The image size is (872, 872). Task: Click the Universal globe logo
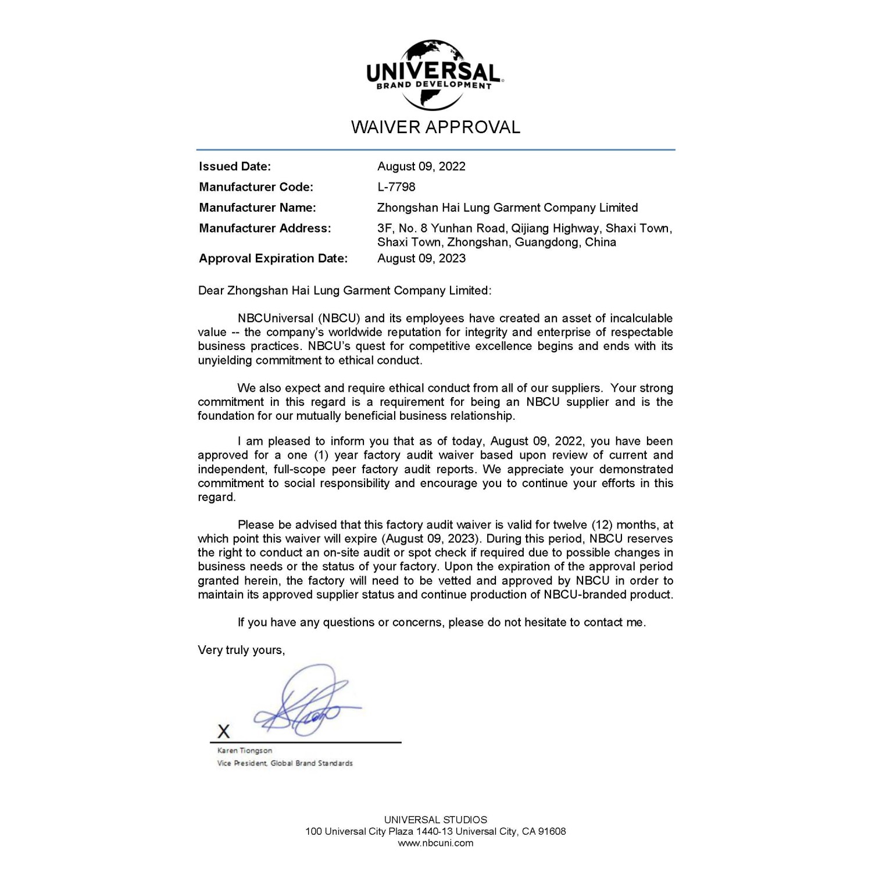click(434, 74)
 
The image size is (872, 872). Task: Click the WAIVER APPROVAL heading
click(435, 127)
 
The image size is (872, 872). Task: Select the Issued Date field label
click(235, 166)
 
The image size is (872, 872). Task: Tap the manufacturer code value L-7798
click(396, 187)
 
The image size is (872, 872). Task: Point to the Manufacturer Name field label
click(258, 208)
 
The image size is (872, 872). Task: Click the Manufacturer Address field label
click(265, 228)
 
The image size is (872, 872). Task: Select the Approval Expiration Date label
click(273, 258)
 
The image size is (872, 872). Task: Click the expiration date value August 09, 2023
click(421, 258)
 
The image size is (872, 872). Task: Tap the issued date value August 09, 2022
click(421, 166)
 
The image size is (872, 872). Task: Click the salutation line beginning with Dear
click(345, 291)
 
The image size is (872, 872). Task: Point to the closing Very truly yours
click(241, 650)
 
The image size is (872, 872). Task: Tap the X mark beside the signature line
click(224, 731)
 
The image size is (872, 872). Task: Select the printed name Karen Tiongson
click(245, 751)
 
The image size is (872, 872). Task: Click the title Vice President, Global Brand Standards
click(285, 763)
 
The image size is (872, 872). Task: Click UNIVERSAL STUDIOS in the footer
click(435, 820)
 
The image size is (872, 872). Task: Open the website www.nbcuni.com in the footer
click(435, 843)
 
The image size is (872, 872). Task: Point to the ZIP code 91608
click(552, 831)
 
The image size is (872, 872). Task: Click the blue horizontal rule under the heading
click(435, 150)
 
